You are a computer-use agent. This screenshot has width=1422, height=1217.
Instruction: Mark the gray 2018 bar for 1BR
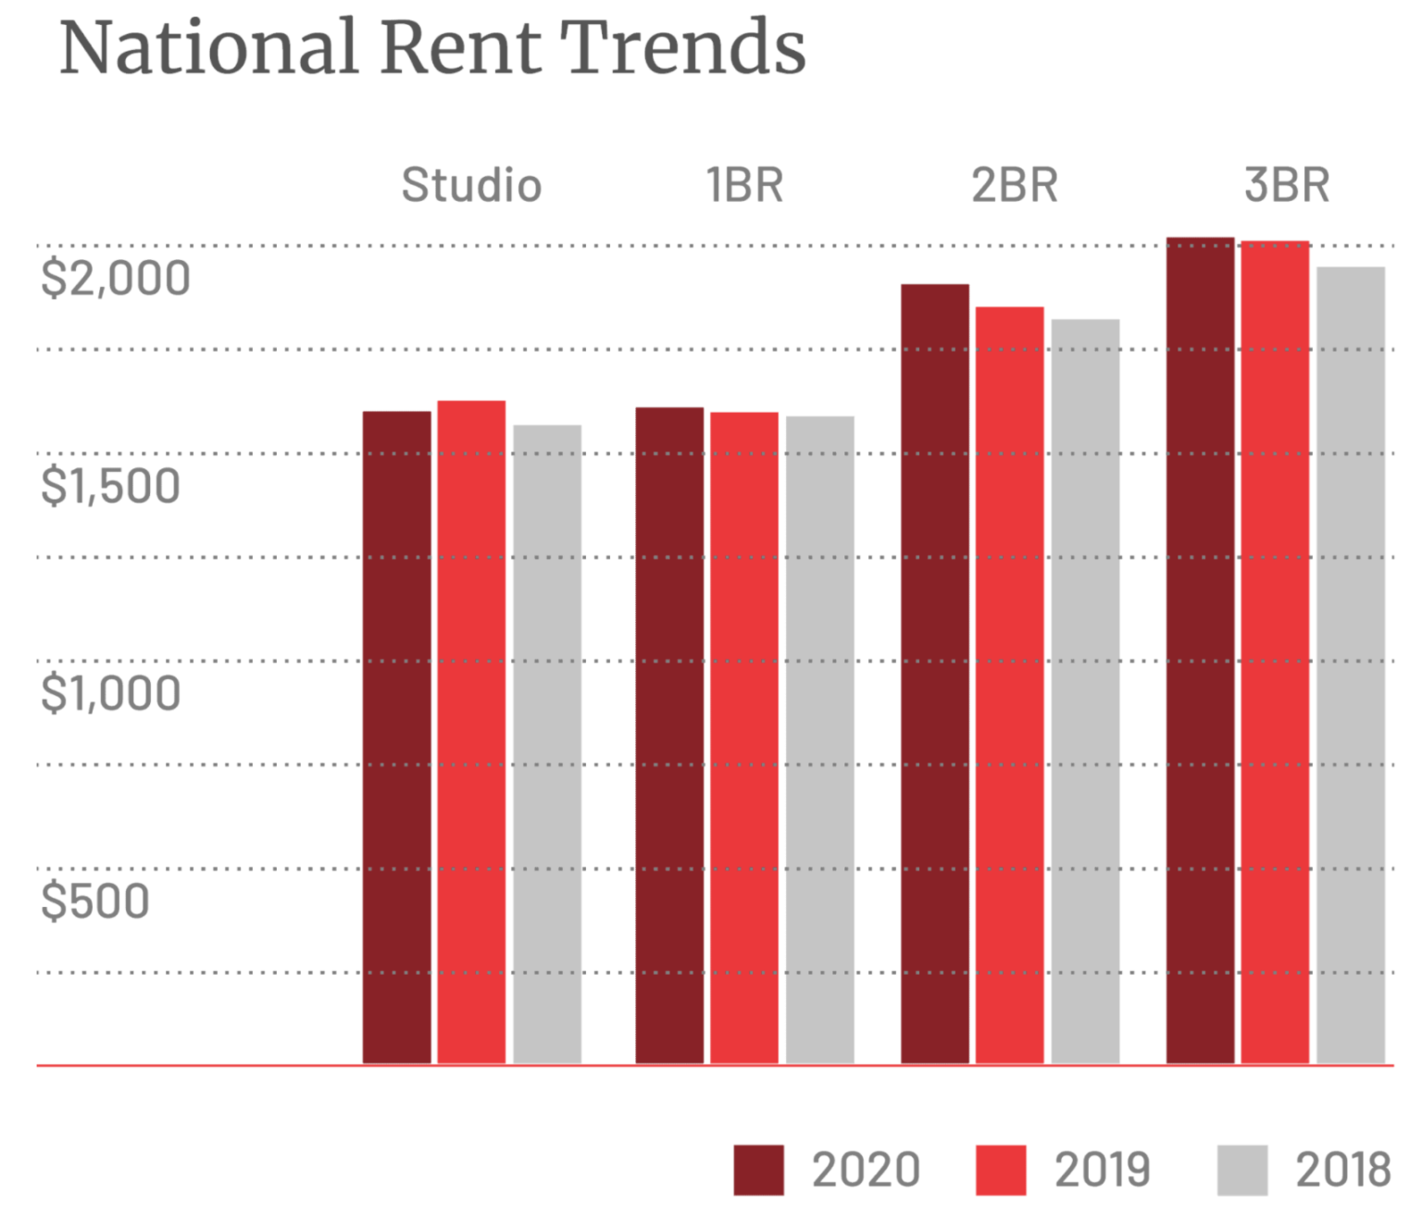pyautogui.click(x=820, y=739)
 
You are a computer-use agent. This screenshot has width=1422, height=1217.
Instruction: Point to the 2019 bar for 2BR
pyautogui.click(x=1010, y=685)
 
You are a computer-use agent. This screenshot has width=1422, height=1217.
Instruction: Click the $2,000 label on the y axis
pyautogui.click(x=116, y=278)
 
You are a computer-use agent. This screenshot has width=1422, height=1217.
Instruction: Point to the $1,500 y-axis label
pyautogui.click(x=111, y=486)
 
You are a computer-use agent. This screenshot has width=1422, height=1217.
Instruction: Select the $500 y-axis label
pyautogui.click(x=95, y=901)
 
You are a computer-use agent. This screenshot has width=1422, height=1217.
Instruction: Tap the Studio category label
pyautogui.click(x=471, y=185)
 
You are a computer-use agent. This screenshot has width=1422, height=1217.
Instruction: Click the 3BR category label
pyautogui.click(x=1287, y=185)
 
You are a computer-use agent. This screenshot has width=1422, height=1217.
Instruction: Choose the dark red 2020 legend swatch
pyautogui.click(x=758, y=1170)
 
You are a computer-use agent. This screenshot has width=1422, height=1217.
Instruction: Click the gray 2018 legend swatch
pyautogui.click(x=1241, y=1170)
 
